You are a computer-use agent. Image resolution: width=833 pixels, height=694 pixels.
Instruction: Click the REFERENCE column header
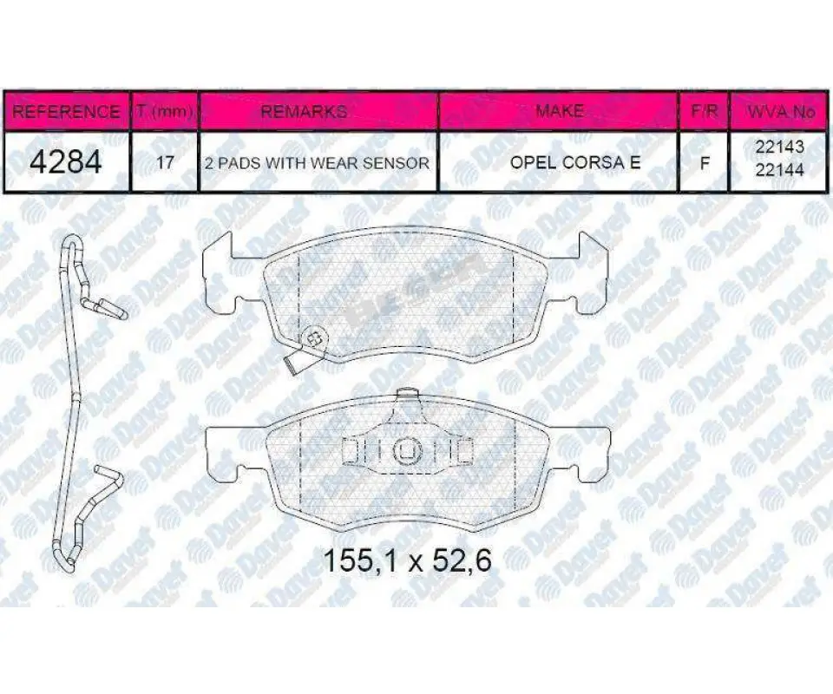tap(66, 112)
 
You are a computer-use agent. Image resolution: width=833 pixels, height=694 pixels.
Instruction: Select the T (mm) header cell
tap(165, 112)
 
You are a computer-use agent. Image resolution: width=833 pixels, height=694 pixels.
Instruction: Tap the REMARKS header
tap(305, 111)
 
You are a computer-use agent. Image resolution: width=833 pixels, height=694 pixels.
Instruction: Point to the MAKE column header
tap(559, 110)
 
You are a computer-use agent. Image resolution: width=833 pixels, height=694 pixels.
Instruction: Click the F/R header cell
tap(705, 111)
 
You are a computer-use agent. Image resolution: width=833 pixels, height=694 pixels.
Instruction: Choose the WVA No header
tap(781, 112)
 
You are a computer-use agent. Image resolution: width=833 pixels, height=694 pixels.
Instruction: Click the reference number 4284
tap(66, 162)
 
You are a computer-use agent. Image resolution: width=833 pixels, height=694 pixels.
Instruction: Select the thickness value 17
tap(165, 162)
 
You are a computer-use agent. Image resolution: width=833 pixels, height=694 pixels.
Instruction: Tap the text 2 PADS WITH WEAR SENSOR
tap(318, 163)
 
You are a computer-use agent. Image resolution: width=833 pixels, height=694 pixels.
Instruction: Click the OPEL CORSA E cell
tap(575, 162)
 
